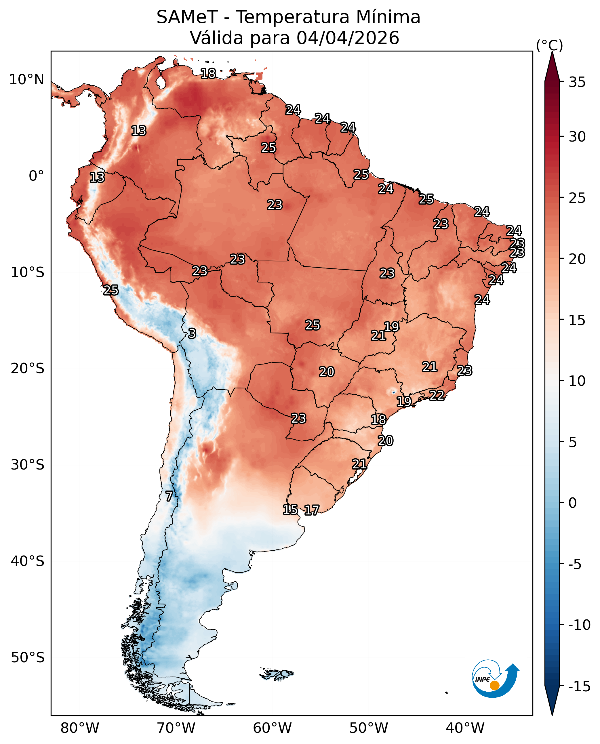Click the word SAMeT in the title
coord(187,17)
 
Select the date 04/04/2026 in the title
coord(347,38)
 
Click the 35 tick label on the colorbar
coord(577,82)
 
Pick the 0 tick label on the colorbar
coord(572,503)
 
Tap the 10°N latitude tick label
coord(26,80)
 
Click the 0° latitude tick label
coord(36,176)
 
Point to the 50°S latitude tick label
coord(28,658)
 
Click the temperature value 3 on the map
coord(192,333)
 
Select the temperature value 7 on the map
coord(169,496)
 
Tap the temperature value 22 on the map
coord(437,395)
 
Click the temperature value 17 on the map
coord(312,510)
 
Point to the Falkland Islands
coord(277,674)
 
